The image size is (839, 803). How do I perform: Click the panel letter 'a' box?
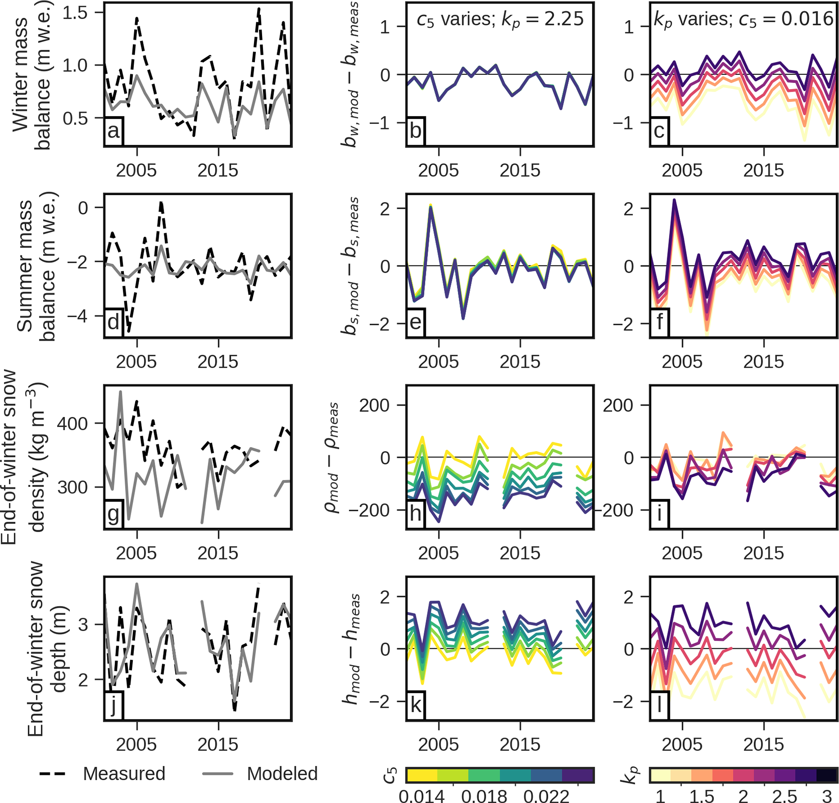click(x=113, y=131)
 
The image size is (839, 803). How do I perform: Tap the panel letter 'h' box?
click(x=415, y=514)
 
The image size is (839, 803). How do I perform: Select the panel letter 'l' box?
click(x=659, y=705)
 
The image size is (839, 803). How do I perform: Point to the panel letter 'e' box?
click(x=415, y=323)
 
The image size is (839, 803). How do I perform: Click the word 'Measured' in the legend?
click(x=124, y=774)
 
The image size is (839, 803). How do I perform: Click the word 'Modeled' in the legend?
click(x=282, y=774)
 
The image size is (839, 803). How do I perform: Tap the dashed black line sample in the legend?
click(x=53, y=774)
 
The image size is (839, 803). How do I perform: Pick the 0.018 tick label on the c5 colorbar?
click(x=484, y=797)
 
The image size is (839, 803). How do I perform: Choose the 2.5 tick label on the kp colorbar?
click(x=785, y=797)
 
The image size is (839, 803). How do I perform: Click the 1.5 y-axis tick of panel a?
click(x=74, y=13)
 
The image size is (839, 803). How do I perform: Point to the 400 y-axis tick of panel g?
click(x=73, y=423)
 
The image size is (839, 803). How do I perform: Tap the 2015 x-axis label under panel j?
click(x=218, y=744)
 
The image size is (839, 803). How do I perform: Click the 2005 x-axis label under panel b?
click(x=439, y=170)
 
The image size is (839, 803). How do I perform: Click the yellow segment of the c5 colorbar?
click(x=422, y=775)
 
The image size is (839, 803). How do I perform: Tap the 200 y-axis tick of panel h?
click(x=375, y=405)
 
